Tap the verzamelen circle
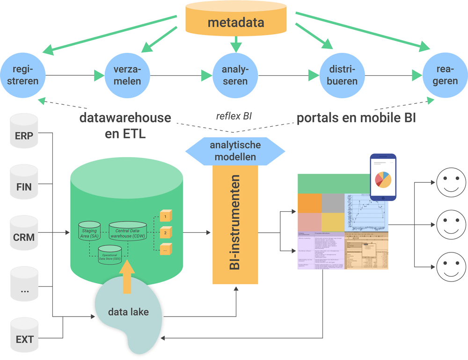tap(127, 75)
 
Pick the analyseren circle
tap(236, 75)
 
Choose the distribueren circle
tap(342, 75)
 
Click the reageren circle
tap(445, 75)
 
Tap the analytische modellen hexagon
tap(235, 151)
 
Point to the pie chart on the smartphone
tap(383, 180)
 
